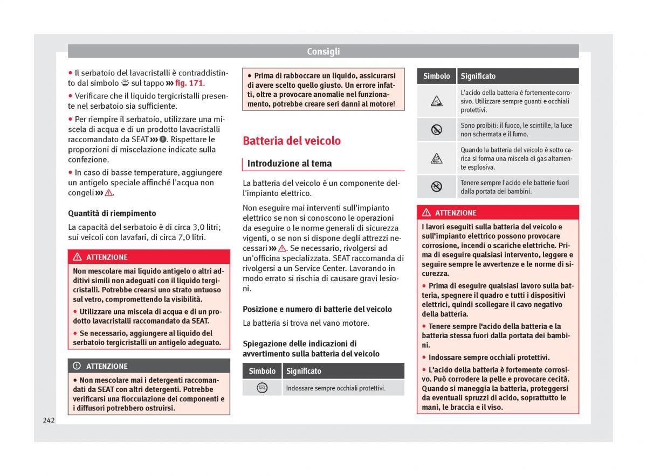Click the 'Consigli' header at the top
[323, 52]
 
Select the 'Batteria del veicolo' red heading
[292, 141]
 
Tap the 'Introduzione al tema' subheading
[290, 164]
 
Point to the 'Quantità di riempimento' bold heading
[112, 213]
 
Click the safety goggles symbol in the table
[262, 388]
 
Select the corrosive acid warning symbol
[436, 101]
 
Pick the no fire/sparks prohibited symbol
[436, 130]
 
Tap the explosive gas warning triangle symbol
[436, 158]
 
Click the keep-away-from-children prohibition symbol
[436, 187]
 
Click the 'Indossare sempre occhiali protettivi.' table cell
[335, 388]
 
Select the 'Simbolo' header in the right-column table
[436, 76]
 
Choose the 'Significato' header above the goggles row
[304, 371]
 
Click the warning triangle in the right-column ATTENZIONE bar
[426, 213]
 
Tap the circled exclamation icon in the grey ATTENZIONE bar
[77, 366]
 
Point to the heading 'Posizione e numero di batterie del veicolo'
[317, 309]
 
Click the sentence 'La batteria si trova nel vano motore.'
[306, 323]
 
